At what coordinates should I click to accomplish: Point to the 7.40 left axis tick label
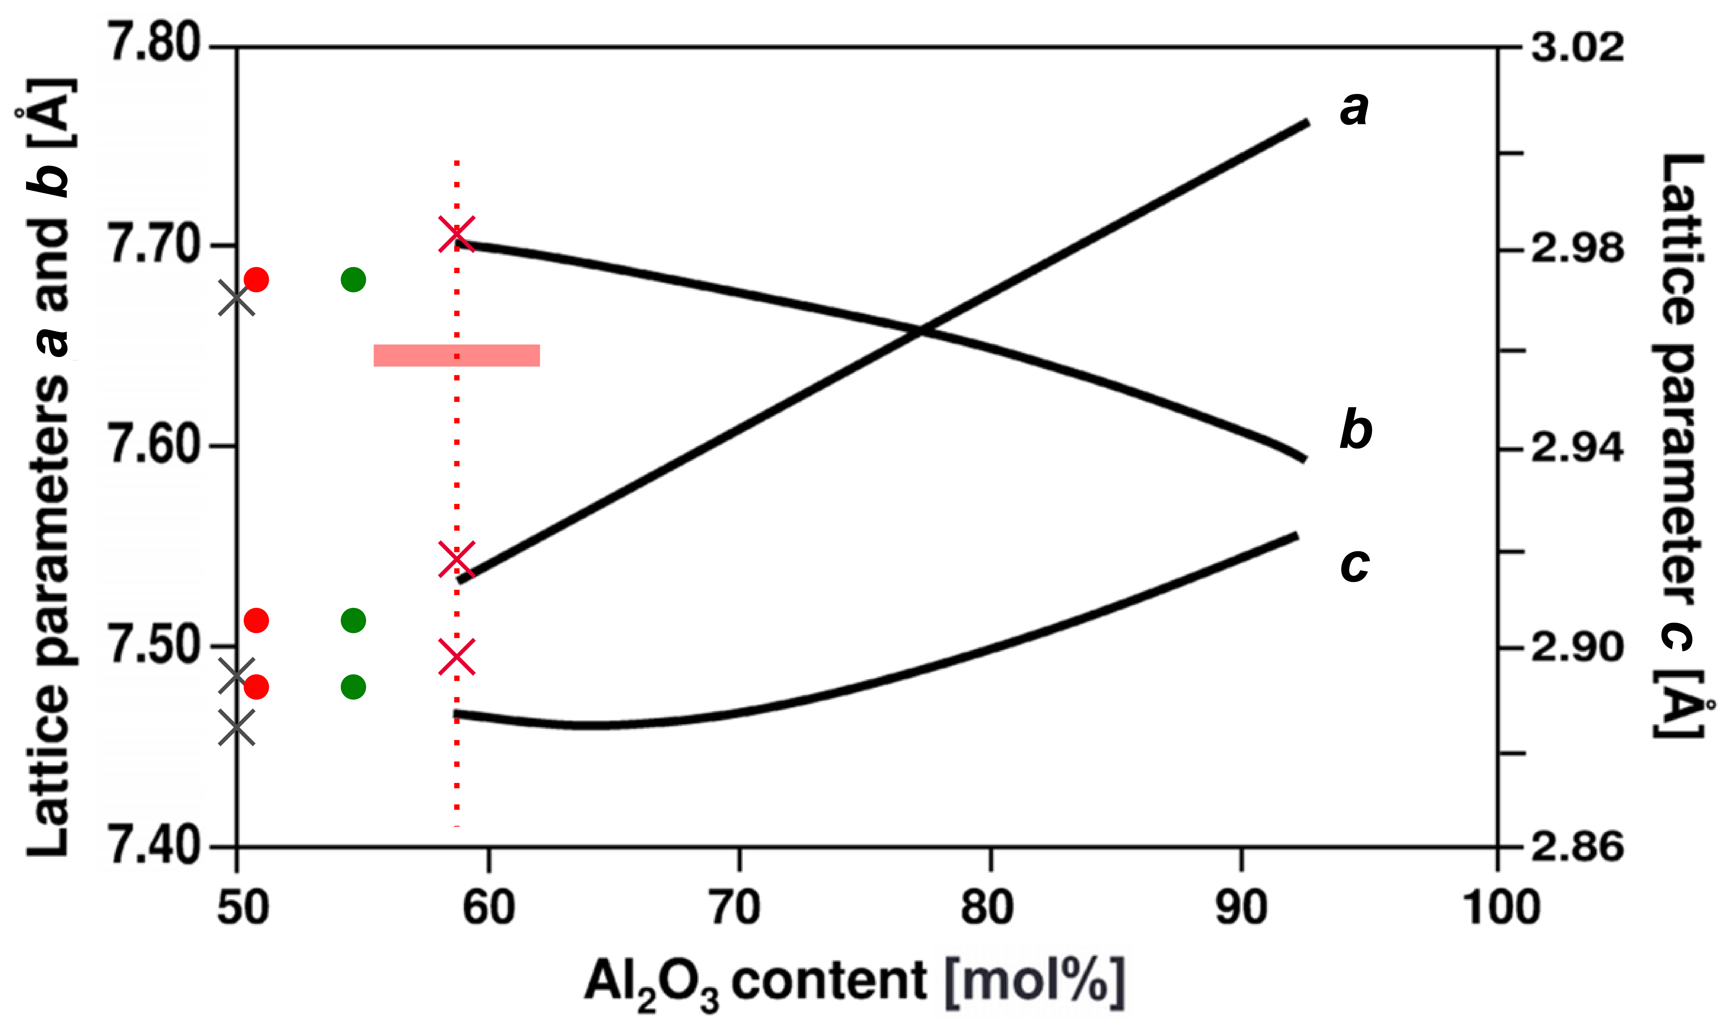click(x=154, y=846)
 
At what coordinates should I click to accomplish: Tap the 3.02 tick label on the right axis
click(x=1578, y=47)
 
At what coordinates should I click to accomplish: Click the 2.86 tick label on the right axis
click(x=1578, y=848)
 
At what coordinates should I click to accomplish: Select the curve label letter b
click(x=1355, y=429)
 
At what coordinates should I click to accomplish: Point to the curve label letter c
click(x=1354, y=564)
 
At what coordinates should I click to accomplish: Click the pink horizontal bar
click(x=457, y=355)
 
